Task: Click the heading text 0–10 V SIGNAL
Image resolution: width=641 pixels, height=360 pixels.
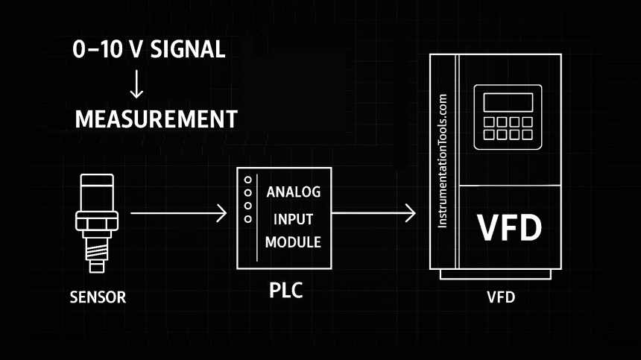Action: pyautogui.click(x=149, y=50)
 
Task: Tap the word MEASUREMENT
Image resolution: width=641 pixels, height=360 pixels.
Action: pyautogui.click(x=156, y=119)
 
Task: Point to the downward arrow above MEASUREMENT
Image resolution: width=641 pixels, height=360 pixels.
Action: pyautogui.click(x=136, y=85)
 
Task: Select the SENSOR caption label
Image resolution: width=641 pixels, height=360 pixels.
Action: pyautogui.click(x=98, y=297)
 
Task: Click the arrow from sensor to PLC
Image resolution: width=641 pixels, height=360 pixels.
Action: pyautogui.click(x=178, y=215)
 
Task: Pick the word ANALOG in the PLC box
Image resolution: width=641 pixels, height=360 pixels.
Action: pyautogui.click(x=293, y=192)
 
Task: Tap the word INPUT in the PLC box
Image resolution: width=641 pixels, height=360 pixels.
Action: pyautogui.click(x=293, y=219)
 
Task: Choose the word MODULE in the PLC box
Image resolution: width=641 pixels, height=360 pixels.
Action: pyautogui.click(x=293, y=242)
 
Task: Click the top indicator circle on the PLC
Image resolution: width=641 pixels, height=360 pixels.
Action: pyautogui.click(x=247, y=180)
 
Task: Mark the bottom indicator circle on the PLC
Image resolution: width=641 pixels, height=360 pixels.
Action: pyautogui.click(x=247, y=218)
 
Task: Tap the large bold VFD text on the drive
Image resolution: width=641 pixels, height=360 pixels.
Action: pyautogui.click(x=510, y=228)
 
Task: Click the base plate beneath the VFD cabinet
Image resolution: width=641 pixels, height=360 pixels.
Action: pyautogui.click(x=496, y=274)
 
